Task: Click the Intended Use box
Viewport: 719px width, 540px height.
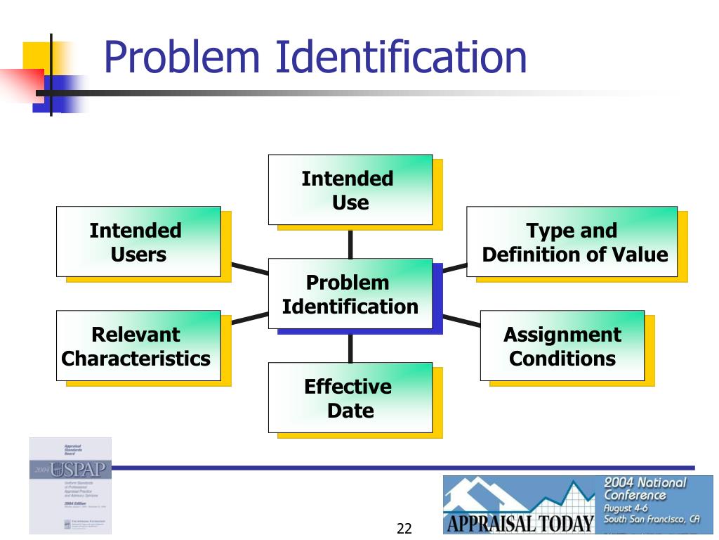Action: coord(350,190)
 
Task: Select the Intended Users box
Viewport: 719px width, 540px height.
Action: coord(138,241)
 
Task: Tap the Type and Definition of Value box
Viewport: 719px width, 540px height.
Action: coord(572,241)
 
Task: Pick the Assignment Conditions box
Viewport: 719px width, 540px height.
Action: coord(562,346)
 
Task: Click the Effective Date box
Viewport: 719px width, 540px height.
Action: coord(350,397)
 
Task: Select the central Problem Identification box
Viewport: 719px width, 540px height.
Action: coord(350,294)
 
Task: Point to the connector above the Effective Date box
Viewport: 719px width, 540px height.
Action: coord(350,345)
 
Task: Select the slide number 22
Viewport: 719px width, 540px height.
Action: coord(404,529)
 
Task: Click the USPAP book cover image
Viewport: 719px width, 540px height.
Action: coord(70,485)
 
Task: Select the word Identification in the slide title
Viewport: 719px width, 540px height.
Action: coord(400,58)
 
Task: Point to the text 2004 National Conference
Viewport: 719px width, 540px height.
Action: coord(645,489)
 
